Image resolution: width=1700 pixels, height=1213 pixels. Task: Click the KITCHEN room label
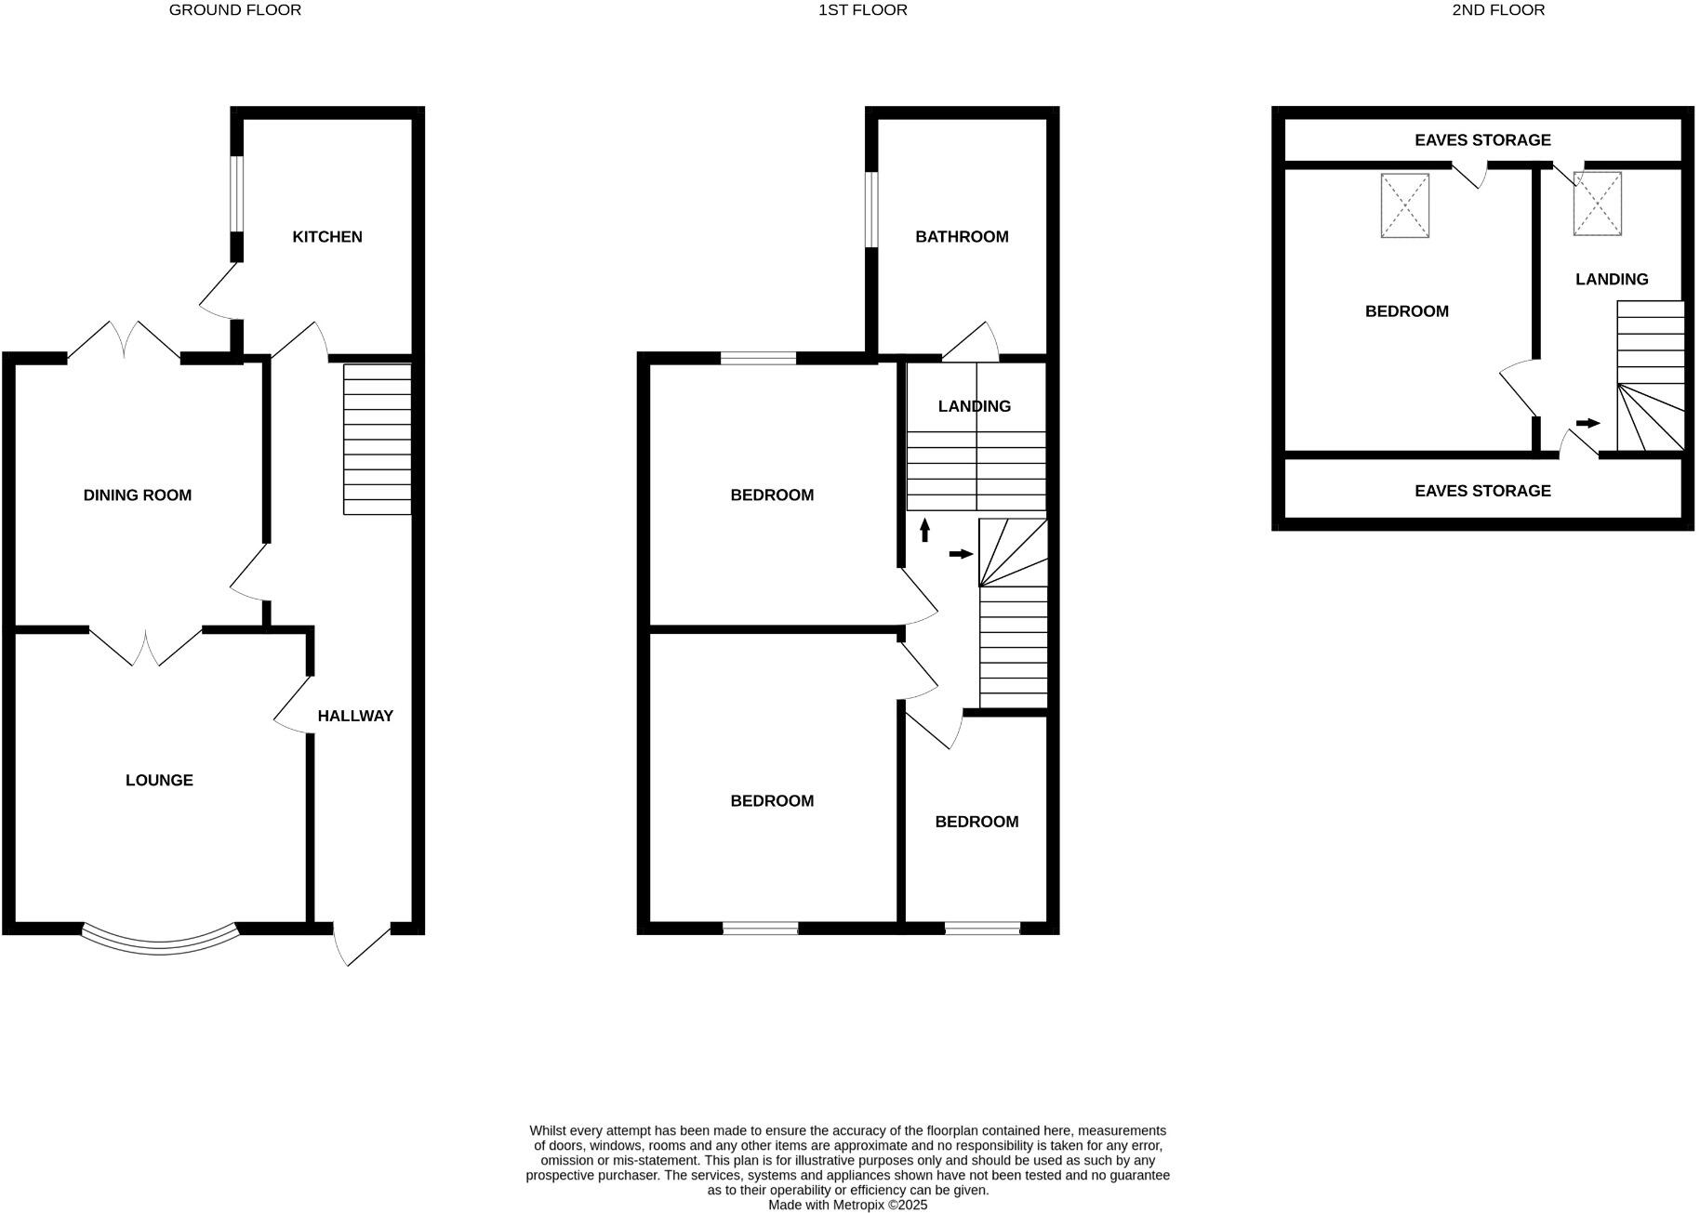(327, 237)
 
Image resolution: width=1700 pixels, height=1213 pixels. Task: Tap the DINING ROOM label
(138, 495)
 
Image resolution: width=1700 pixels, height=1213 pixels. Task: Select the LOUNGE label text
(159, 781)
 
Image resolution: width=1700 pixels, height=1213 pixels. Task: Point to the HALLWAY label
(355, 716)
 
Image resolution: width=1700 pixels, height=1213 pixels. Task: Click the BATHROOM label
(962, 237)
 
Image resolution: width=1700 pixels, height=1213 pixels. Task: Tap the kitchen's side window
(237, 193)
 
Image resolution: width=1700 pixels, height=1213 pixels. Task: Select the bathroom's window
(871, 210)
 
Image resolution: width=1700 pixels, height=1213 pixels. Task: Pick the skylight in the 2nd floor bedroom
(1404, 205)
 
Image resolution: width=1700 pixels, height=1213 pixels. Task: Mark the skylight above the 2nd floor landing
(1597, 204)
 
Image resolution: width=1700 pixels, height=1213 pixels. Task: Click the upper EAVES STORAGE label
(1482, 140)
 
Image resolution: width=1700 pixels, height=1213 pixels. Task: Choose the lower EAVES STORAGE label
(1482, 491)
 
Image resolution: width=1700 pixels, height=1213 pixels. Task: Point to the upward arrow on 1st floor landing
(924, 530)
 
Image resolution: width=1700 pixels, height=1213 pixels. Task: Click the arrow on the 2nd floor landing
(1587, 424)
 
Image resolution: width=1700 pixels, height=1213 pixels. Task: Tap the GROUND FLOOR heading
(235, 10)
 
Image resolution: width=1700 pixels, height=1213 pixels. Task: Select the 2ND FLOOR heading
(1498, 10)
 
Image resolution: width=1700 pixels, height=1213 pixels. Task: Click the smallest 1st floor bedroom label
(976, 822)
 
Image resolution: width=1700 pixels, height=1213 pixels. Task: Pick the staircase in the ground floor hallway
(378, 439)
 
